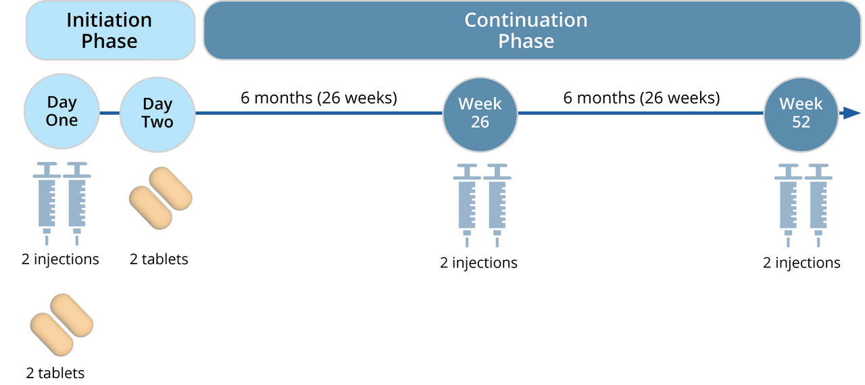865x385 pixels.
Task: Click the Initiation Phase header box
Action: pos(110,30)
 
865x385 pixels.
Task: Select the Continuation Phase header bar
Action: pos(532,30)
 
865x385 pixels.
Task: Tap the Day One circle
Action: pos(61,111)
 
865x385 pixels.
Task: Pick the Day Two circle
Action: pos(157,115)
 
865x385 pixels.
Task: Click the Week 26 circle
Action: pos(480,115)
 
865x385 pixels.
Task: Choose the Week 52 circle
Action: pos(801,115)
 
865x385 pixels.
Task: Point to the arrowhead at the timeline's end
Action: pos(852,113)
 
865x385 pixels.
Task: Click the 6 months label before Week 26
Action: pos(318,98)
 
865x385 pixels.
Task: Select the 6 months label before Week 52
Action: pos(641,98)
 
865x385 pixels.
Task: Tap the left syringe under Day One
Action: pos(47,204)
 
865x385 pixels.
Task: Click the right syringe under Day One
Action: pos(77,204)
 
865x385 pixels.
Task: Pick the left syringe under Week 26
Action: pos(467,205)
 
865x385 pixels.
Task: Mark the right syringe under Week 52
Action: pos(818,205)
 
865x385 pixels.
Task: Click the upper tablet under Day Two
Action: pos(171,188)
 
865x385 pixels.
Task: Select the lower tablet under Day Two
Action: pos(151,208)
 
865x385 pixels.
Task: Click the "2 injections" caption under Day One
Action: pos(60,259)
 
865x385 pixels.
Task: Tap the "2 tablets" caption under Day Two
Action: pos(159,259)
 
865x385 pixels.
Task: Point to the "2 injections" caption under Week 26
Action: pos(478,263)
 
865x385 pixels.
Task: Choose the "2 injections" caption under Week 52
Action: pos(801,263)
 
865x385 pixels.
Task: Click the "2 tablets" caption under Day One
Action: pos(55,373)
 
